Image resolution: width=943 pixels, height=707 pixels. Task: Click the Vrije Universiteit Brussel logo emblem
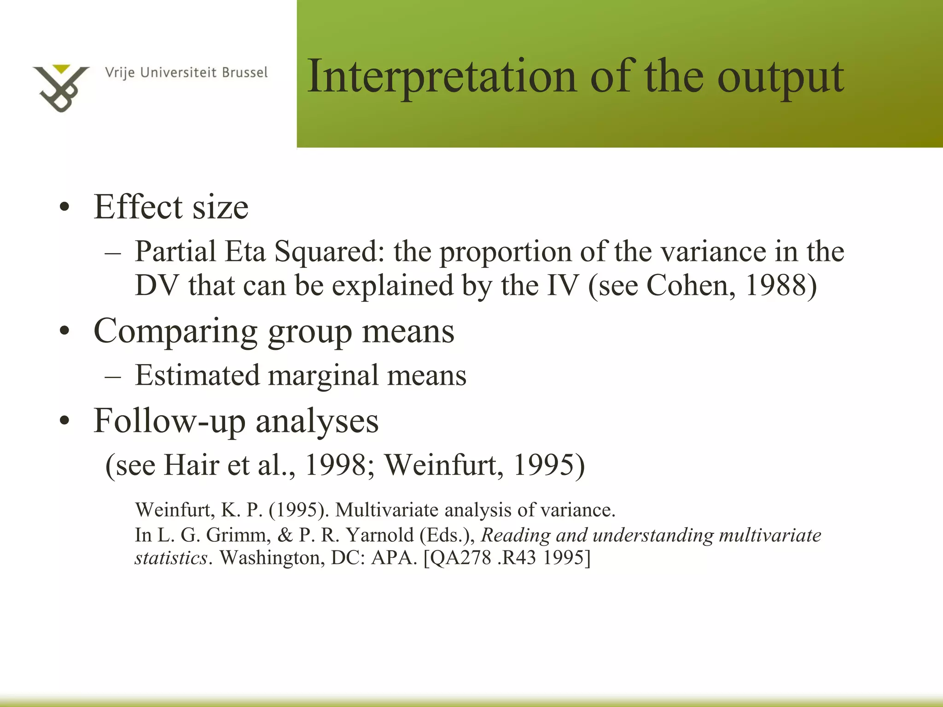[x=60, y=88]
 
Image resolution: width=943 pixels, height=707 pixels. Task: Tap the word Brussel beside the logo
[x=244, y=73]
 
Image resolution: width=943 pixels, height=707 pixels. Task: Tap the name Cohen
[x=690, y=285]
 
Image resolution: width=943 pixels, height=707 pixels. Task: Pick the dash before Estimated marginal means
[x=113, y=376]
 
